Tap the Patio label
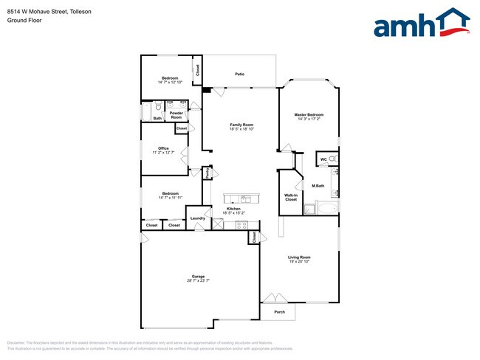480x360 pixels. pyautogui.click(x=240, y=75)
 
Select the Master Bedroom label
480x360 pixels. pyautogui.click(x=309, y=114)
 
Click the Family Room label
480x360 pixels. pyautogui.click(x=242, y=125)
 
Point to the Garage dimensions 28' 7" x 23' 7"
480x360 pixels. pyautogui.click(x=199, y=280)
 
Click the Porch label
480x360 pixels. pyautogui.click(x=280, y=311)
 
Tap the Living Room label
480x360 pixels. pyautogui.click(x=299, y=257)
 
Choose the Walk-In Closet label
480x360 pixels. pyautogui.click(x=290, y=197)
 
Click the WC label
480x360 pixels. pyautogui.click(x=323, y=159)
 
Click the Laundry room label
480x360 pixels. pyautogui.click(x=197, y=218)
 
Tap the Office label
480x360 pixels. pyautogui.click(x=163, y=148)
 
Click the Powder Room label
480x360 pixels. pyautogui.click(x=176, y=116)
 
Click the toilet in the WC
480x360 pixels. pyautogui.click(x=333, y=159)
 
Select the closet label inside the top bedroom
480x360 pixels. pyautogui.click(x=197, y=71)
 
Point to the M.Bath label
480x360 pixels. pyautogui.click(x=319, y=185)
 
